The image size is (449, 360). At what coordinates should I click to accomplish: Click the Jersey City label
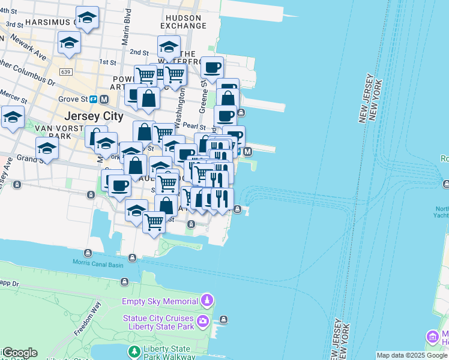tap(93, 116)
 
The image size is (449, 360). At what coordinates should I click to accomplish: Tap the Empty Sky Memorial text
tap(160, 301)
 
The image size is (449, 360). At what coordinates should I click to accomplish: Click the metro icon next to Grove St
tap(104, 98)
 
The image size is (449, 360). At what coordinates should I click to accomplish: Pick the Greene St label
tap(203, 98)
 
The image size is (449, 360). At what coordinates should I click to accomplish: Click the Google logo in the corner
tap(19, 353)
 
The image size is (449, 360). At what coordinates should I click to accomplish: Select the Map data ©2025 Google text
tap(412, 355)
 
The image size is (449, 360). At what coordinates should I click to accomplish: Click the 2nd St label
tap(139, 53)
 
